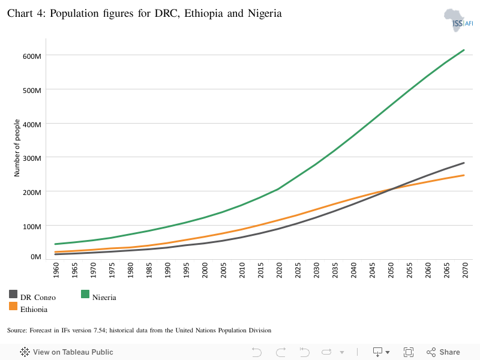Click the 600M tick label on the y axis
[x=32, y=56]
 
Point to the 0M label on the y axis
[x=36, y=257]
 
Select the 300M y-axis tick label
[x=32, y=158]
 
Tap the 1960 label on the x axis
[x=56, y=270]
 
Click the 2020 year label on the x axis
[x=279, y=270]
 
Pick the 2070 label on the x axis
[x=466, y=270]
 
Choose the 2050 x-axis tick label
[x=391, y=270]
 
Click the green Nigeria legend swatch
[x=85, y=294]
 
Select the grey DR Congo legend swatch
[x=13, y=294]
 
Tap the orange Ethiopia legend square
[x=13, y=306]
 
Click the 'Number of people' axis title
[x=17, y=148]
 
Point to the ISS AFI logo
[x=458, y=20]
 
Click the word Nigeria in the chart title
[x=265, y=13]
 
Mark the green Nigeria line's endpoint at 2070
[x=464, y=50]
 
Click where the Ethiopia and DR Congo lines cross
[x=389, y=190]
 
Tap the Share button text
[x=449, y=352]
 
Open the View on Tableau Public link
[x=67, y=352]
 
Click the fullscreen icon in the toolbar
[x=409, y=352]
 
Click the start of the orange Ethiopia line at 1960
[x=55, y=252]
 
